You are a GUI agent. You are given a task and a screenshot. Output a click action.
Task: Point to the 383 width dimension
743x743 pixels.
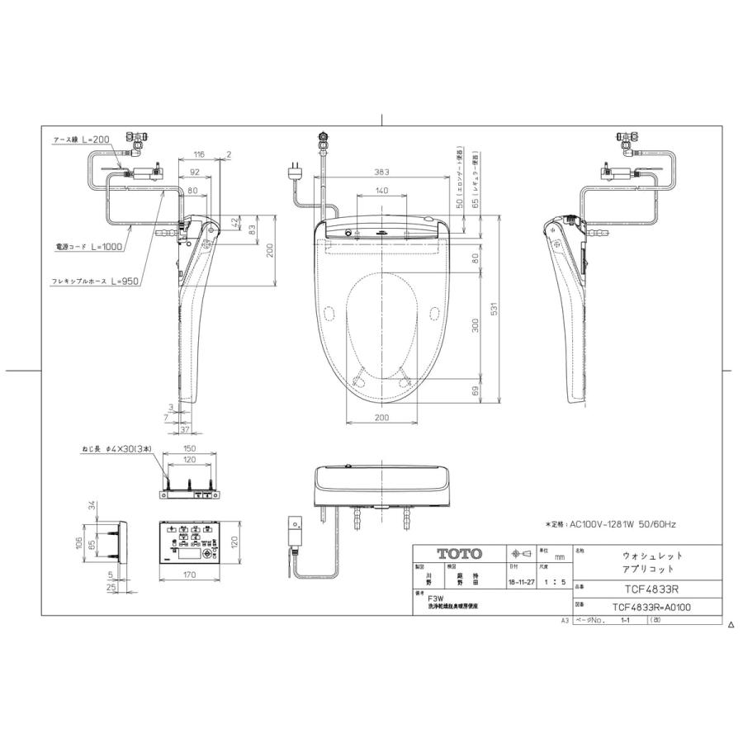tap(381, 172)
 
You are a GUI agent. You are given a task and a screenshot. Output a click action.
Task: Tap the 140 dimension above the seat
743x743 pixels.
tap(381, 191)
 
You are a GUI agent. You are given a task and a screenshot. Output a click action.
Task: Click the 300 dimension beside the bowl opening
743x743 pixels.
tap(476, 325)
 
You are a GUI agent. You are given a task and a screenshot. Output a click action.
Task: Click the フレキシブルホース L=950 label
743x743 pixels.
tap(96, 282)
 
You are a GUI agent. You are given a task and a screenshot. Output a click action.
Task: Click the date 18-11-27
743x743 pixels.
tap(522, 581)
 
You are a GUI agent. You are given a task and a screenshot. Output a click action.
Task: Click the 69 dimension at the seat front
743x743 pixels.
tap(476, 390)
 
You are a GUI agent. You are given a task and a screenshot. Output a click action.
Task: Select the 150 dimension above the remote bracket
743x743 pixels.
tap(191, 451)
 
